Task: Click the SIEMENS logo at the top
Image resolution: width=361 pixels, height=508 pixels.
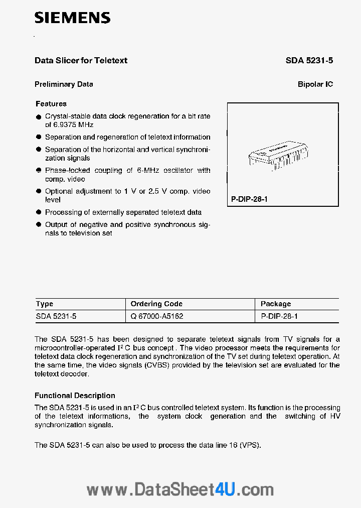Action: point(72,18)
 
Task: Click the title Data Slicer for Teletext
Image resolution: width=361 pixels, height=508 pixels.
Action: point(81,60)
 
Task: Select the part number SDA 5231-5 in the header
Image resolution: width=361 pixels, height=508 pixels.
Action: point(309,60)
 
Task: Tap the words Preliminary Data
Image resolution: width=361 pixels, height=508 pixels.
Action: point(64,84)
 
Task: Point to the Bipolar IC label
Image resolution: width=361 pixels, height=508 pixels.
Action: point(315,84)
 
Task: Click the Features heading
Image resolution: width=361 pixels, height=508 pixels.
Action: point(51,104)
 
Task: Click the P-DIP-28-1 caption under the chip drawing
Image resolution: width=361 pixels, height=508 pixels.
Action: point(250,199)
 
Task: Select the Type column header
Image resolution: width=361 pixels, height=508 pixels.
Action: point(45,304)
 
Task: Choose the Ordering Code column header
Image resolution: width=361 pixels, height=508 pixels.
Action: point(156,304)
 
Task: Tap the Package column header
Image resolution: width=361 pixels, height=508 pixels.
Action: point(276,304)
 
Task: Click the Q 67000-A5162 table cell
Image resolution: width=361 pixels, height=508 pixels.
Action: point(157,316)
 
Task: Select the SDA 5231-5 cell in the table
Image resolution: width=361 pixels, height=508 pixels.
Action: point(56,316)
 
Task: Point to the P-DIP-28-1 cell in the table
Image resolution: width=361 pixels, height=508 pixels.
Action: point(280,316)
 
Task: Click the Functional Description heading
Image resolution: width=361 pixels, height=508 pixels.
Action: point(75,396)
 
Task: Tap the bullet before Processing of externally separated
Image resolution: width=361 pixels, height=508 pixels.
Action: point(39,213)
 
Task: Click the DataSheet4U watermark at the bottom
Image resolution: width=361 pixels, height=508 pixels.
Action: point(180,489)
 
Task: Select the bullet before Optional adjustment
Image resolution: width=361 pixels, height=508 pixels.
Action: point(39,192)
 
